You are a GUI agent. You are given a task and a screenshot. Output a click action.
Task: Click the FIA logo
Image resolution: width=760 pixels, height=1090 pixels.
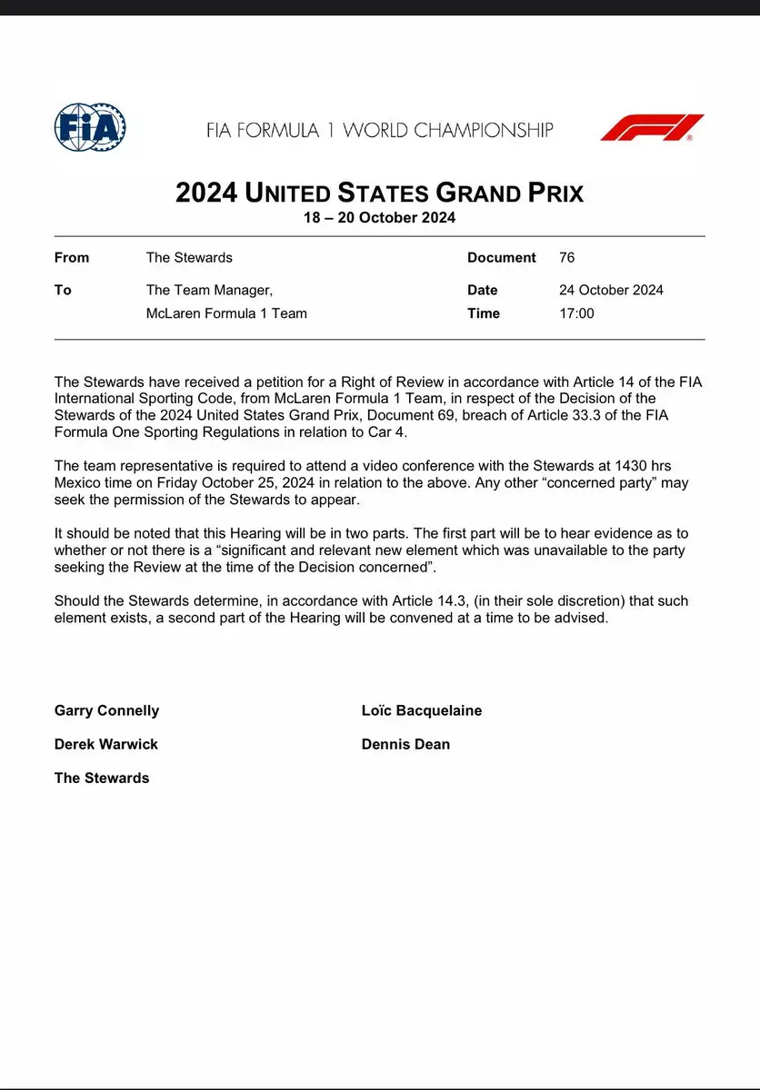90,127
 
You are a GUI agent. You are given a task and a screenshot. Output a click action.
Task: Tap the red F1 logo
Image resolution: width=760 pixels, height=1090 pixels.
652,127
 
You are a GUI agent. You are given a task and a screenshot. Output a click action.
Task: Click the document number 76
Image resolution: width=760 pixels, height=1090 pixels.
566,258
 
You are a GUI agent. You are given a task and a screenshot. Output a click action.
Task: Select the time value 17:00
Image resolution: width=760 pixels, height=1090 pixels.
576,313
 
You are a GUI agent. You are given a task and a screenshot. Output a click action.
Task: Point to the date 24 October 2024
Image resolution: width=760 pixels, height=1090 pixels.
611,291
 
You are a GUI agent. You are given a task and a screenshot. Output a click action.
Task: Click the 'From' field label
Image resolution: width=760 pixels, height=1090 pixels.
72,258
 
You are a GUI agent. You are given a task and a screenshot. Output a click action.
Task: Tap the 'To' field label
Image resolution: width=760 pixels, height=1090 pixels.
63,291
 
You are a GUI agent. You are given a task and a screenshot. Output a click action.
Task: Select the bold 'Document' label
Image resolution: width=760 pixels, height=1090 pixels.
502,258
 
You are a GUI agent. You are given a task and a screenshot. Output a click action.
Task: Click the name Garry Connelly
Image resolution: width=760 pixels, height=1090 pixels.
106,710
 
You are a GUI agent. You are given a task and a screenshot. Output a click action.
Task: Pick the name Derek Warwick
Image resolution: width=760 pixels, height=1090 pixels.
106,744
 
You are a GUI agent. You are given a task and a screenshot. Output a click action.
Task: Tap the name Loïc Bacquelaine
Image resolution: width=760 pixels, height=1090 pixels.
422,710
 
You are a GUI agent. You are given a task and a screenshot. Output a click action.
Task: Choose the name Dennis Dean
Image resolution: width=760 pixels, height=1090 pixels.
405,744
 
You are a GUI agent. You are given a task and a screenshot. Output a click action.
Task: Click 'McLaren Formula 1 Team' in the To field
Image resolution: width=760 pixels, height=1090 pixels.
226,313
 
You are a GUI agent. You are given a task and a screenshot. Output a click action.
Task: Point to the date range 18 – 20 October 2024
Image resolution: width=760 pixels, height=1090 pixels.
379,218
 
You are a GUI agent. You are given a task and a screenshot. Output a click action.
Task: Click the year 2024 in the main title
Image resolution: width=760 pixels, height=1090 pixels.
207,193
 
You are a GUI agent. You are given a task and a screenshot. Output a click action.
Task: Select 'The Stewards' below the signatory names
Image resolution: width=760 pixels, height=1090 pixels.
102,778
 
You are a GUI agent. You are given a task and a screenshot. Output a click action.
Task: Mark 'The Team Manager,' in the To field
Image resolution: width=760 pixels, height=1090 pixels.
209,291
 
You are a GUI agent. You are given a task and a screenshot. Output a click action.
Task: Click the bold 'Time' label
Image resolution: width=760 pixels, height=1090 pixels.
484,313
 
